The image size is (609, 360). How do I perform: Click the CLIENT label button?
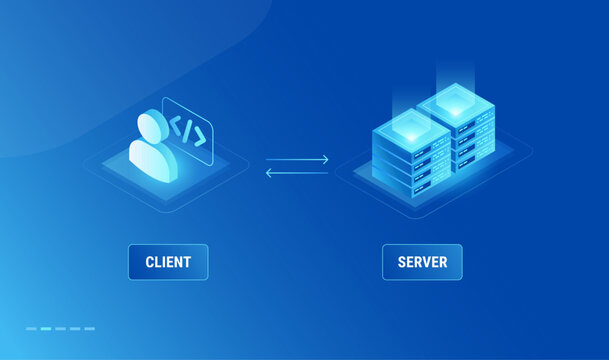pos(168,262)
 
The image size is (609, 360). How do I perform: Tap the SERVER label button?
pos(422,262)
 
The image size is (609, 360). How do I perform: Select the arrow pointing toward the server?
pos(296,159)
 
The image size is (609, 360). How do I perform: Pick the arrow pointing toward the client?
pos(296,173)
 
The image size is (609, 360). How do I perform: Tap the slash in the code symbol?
pos(187,129)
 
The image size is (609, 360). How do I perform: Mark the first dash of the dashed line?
pos(31,328)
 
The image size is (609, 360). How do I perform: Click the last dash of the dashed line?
pos(90,328)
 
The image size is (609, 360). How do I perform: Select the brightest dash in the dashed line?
pos(46,328)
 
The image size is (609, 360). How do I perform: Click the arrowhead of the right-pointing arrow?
pos(325,158)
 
